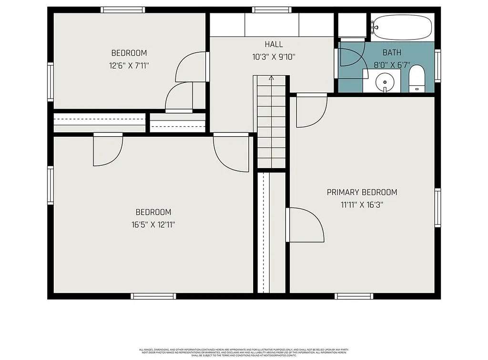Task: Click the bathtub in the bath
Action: tap(403, 28)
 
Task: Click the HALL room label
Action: tap(274, 44)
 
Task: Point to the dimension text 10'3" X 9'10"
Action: tap(274, 57)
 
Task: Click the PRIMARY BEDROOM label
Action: tap(362, 192)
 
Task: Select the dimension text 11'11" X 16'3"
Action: tap(362, 205)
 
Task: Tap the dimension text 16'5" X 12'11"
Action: tap(153, 224)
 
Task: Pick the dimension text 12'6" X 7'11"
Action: tap(129, 65)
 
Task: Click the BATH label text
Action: tap(392, 52)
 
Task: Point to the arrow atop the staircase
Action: tap(271, 78)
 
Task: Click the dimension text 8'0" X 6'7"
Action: tap(392, 65)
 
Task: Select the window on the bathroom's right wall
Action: tap(437, 66)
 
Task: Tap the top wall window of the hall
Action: tap(272, 10)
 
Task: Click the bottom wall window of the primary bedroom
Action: tap(354, 296)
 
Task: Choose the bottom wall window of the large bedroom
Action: tap(153, 296)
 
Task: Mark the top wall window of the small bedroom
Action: tap(122, 10)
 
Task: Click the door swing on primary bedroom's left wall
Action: tap(305, 225)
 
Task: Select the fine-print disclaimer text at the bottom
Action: tap(244, 352)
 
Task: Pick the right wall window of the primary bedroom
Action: tap(437, 208)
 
